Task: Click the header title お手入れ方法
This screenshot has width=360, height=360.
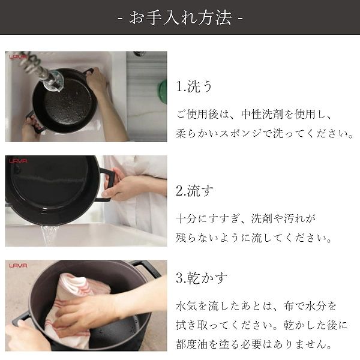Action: pyautogui.click(x=180, y=17)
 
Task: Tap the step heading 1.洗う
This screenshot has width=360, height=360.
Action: pyautogui.click(x=194, y=86)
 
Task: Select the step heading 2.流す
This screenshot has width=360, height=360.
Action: pyautogui.click(x=194, y=191)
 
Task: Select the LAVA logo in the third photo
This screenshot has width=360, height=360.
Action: pyautogui.click(x=18, y=265)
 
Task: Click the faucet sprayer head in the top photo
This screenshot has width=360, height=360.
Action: pyautogui.click(x=53, y=79)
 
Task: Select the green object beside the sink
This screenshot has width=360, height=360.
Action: pyautogui.click(x=162, y=91)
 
